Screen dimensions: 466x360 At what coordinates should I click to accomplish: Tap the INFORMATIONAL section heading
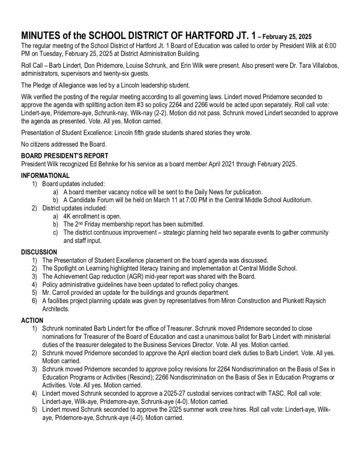[46, 176]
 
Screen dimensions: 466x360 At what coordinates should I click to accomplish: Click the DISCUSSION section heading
[39, 252]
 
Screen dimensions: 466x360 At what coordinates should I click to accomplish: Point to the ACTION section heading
[32, 320]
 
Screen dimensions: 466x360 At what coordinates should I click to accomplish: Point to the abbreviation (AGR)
[146, 276]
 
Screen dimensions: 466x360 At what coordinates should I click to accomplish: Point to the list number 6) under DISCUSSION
[35, 301]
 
